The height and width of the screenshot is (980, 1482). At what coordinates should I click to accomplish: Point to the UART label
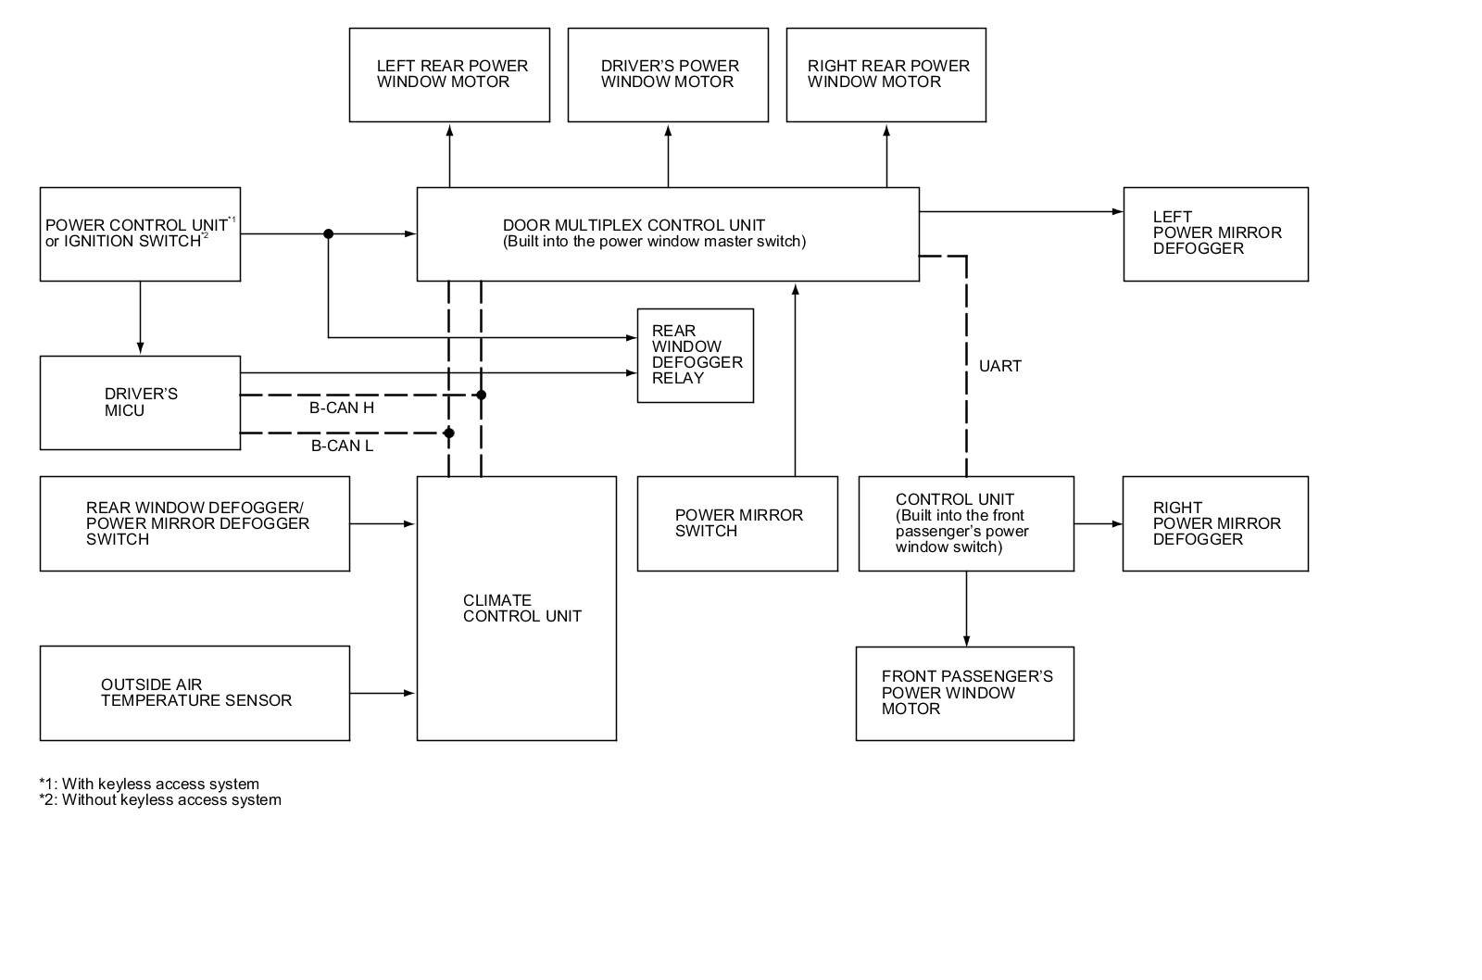coord(999,366)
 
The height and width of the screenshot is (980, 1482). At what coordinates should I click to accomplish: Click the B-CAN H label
coord(342,408)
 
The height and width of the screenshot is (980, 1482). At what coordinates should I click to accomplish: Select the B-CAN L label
coord(342,446)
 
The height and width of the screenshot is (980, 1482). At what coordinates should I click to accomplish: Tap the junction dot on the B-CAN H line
coord(481,395)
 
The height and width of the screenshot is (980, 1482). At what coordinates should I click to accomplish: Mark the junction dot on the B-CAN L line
coord(448,433)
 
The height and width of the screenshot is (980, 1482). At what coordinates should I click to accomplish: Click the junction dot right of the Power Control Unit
coord(328,233)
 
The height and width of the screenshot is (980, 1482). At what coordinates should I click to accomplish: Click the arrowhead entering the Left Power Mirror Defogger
coord(1117,212)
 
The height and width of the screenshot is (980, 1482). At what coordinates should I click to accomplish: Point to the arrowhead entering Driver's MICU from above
coord(140,348)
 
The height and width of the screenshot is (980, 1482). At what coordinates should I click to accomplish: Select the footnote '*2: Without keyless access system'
coord(160,799)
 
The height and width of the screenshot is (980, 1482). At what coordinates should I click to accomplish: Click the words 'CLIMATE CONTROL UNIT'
coord(522,609)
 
